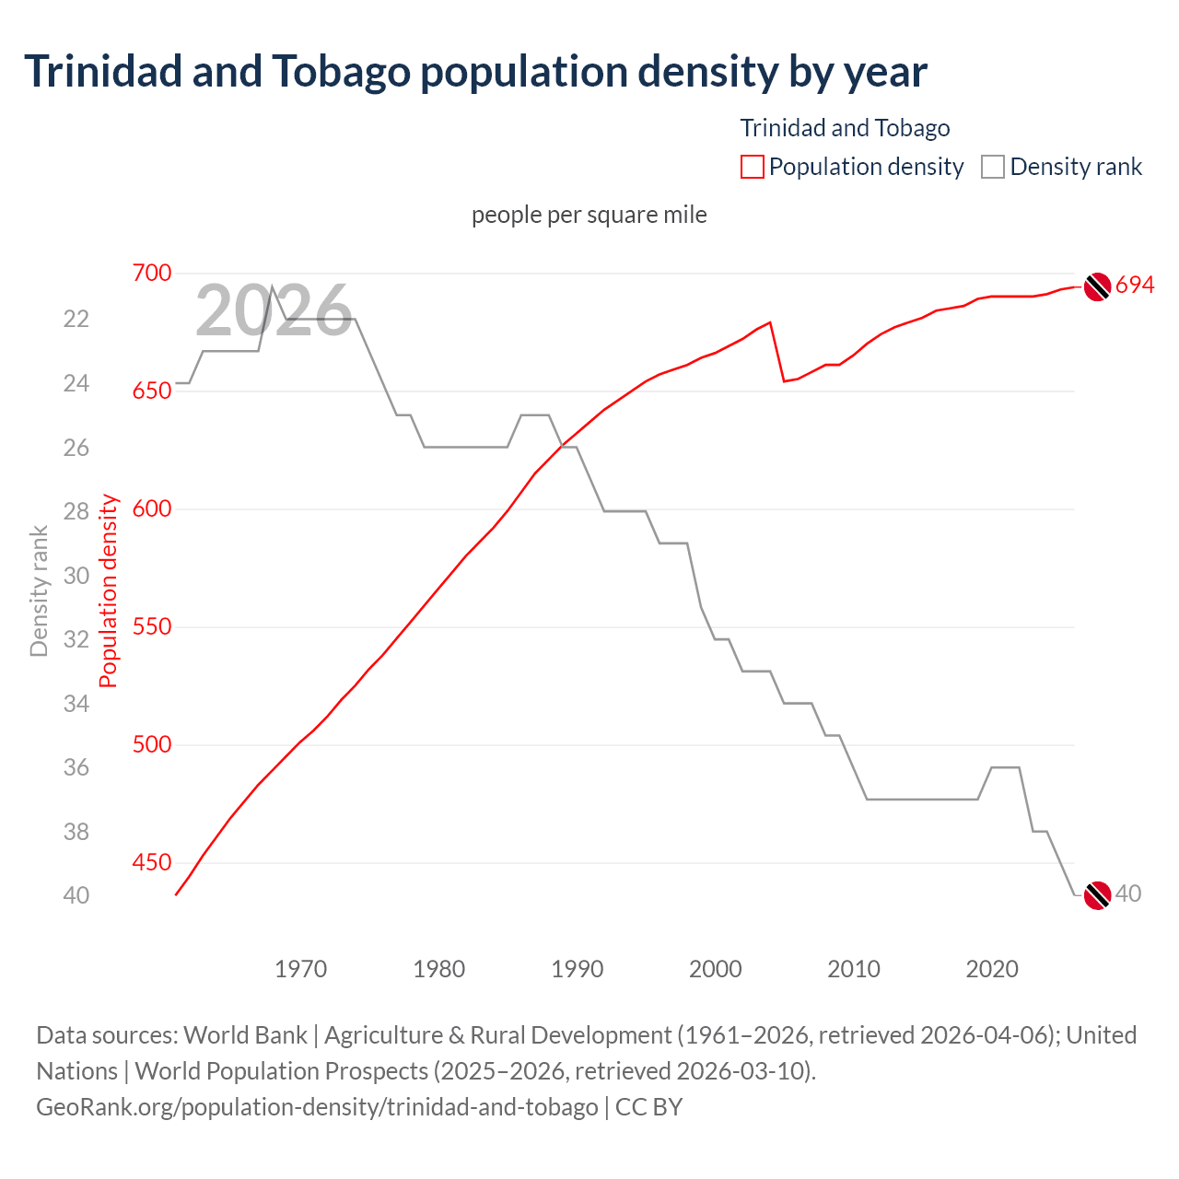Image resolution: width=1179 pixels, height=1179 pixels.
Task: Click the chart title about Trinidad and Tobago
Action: (475, 72)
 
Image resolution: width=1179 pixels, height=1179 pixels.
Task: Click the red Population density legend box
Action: (752, 167)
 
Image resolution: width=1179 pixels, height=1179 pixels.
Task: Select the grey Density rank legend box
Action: (992, 167)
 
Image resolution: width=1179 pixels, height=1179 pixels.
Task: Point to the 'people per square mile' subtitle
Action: (589, 215)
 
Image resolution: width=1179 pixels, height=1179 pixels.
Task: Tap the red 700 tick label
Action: (152, 273)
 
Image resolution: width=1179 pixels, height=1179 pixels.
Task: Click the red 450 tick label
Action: (152, 862)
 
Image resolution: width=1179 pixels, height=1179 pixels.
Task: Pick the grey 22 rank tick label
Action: (76, 319)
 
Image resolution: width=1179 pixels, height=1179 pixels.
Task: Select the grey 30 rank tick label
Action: (76, 576)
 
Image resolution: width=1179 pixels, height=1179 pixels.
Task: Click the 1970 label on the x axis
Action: (301, 969)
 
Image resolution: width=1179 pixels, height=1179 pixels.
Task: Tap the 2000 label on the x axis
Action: (716, 969)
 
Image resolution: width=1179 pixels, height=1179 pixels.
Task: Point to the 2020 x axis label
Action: (992, 969)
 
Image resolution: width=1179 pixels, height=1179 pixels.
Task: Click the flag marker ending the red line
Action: (1097, 287)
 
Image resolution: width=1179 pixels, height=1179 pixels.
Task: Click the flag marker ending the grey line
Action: (1097, 894)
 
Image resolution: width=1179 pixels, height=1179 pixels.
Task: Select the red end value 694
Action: (1135, 286)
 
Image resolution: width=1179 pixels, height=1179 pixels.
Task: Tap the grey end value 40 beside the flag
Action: (1128, 893)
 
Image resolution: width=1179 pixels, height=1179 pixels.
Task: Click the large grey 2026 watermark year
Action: (274, 311)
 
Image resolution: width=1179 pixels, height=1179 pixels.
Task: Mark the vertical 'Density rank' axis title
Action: (39, 591)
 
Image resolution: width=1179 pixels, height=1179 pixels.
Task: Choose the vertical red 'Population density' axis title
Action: (109, 591)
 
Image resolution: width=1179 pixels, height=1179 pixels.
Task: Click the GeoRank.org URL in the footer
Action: (317, 1106)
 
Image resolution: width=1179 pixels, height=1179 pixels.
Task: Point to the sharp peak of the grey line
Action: (272, 286)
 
